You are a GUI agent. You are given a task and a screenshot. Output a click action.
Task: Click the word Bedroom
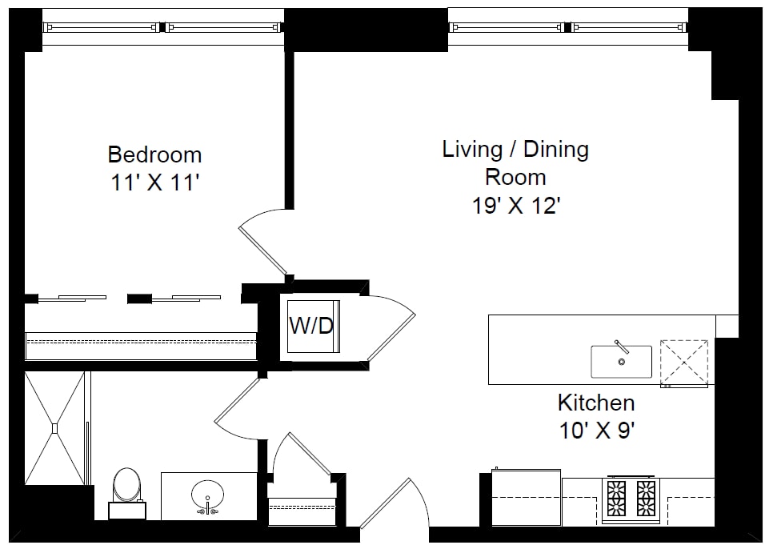(x=154, y=154)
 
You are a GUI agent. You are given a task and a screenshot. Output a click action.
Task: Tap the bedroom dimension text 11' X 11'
(x=155, y=183)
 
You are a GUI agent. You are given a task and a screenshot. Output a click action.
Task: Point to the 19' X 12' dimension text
(x=516, y=206)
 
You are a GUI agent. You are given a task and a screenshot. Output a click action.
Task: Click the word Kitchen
(x=596, y=403)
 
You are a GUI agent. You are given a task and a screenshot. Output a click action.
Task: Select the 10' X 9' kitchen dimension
(x=597, y=431)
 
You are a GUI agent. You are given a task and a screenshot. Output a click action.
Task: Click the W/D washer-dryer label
(x=311, y=325)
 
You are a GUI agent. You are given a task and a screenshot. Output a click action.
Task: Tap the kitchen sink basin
(x=622, y=362)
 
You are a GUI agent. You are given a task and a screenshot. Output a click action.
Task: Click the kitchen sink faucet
(x=622, y=347)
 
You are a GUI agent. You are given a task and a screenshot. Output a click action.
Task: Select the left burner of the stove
(x=616, y=498)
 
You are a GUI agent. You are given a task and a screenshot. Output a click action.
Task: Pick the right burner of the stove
(x=646, y=498)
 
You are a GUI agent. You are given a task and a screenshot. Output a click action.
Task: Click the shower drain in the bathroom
(x=55, y=428)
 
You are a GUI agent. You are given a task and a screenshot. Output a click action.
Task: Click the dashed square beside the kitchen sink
(x=684, y=363)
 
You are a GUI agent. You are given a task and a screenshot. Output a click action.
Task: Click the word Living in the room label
(x=472, y=150)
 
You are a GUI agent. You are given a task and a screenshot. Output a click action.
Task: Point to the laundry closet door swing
(x=391, y=328)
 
